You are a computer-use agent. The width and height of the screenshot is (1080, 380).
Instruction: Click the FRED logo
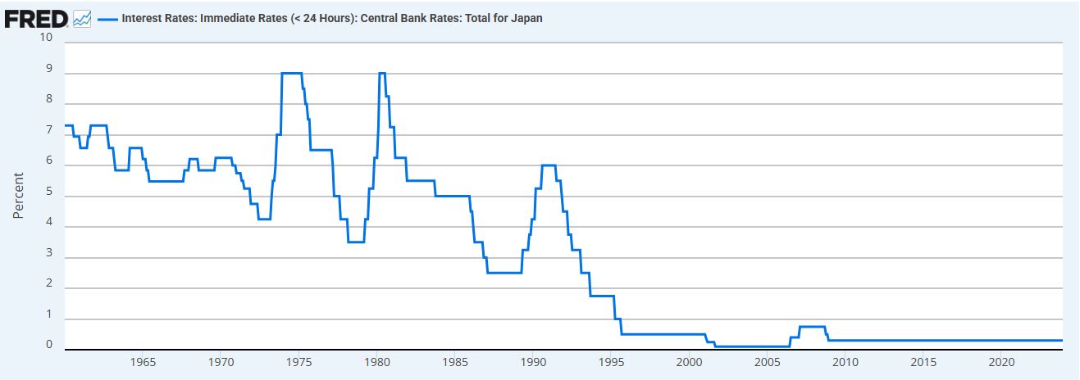pos(37,17)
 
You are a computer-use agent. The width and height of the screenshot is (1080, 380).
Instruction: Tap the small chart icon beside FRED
pos(82,18)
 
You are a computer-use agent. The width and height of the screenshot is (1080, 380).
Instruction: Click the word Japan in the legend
pos(526,18)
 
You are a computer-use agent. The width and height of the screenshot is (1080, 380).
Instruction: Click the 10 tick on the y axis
pos(46,38)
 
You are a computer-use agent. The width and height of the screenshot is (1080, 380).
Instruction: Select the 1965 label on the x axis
pos(143,361)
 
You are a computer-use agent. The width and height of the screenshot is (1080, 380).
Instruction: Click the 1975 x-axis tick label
pos(298,361)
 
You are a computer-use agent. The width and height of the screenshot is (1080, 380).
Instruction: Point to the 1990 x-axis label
pos(533,361)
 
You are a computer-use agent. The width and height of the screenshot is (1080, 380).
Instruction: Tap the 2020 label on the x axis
pos(1000,361)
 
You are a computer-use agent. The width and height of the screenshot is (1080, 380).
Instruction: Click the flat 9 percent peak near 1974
pos(292,74)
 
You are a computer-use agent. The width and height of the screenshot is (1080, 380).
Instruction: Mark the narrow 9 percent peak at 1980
pos(381,74)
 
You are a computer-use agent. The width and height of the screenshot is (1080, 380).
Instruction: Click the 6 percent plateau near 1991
pos(549,165)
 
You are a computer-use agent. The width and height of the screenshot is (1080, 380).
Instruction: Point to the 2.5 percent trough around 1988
pos(504,273)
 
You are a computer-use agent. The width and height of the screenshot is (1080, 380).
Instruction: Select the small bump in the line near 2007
pos(812,327)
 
